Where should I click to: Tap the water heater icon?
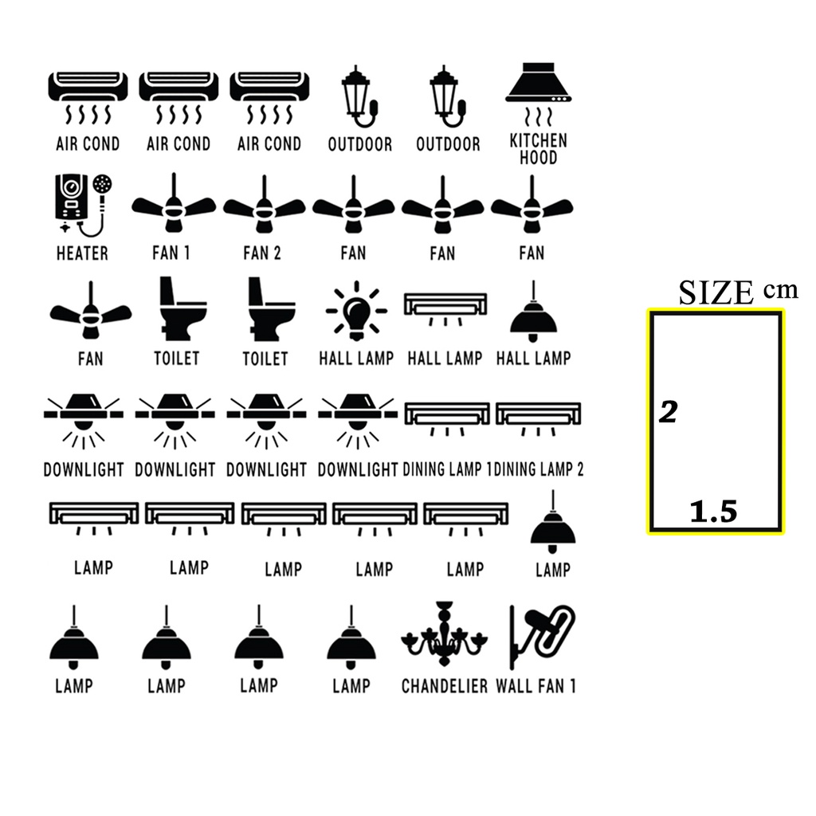pos(81,204)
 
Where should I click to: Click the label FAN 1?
pos(171,253)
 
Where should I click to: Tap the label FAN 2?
pos(262,253)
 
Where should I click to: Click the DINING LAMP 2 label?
pos(539,469)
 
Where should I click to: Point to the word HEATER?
pos(82,253)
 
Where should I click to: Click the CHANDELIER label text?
pos(445,685)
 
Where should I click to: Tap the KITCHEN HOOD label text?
pos(538,149)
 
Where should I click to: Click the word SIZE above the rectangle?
pos(716,292)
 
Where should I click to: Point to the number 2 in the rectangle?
pos(668,412)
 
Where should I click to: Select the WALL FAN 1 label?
pos(536,685)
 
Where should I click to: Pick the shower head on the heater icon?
pos(103,184)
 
